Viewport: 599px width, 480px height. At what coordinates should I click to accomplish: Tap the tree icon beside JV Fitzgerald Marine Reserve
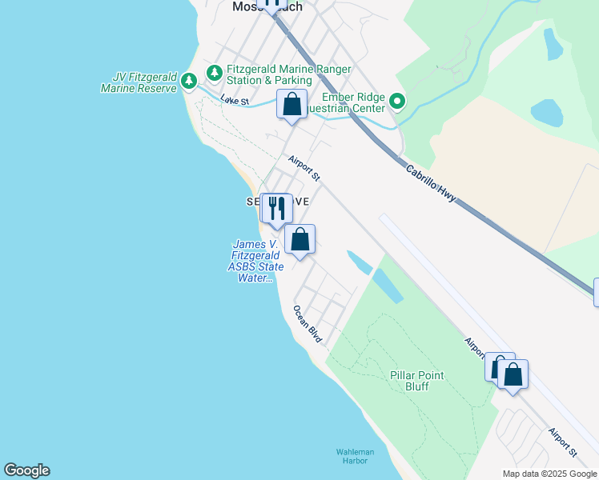[189, 80]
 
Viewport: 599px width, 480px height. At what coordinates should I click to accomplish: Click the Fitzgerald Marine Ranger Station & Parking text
[268, 75]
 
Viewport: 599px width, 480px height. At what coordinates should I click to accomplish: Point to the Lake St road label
[235, 102]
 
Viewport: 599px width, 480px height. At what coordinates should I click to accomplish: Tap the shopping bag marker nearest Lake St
[292, 104]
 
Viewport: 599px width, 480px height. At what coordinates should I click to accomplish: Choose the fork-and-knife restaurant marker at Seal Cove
[278, 209]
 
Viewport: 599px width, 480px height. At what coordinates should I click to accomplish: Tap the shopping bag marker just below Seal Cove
[300, 239]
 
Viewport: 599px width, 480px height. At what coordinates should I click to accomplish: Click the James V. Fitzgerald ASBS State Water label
[255, 262]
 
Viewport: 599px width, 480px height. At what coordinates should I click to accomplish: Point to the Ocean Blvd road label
[308, 324]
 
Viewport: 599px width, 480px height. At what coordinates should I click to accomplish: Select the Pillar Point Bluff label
[416, 381]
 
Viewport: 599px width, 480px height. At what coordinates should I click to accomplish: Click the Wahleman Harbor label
[352, 456]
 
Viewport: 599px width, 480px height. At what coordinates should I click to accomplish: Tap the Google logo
[26, 470]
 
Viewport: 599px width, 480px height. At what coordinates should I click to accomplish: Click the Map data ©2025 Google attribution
[549, 474]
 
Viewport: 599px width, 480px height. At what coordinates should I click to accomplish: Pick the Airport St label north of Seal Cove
[305, 166]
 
